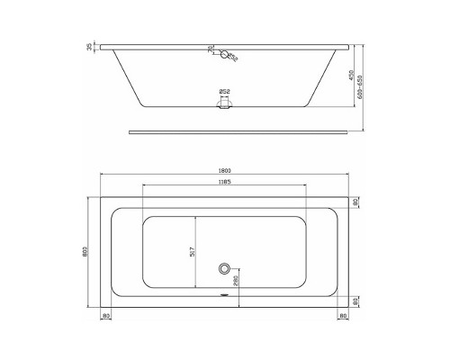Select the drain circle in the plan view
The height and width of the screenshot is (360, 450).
click(x=225, y=268)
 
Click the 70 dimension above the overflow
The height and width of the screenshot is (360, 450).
click(x=211, y=49)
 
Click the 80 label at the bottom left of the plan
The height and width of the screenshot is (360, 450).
click(x=106, y=316)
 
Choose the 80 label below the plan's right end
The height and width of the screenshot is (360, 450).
click(x=344, y=316)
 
